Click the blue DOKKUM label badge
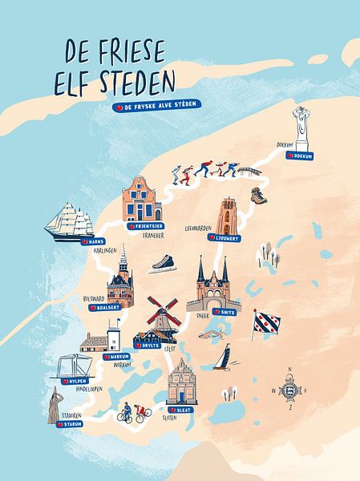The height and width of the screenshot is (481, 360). (301, 156)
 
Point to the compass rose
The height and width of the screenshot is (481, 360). (289, 390)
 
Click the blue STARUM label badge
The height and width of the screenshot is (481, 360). (69, 425)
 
